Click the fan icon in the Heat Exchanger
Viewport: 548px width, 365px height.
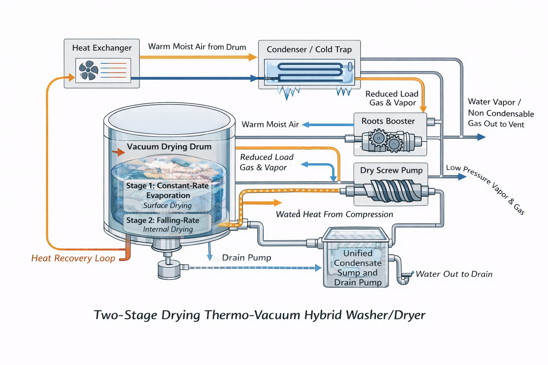88,70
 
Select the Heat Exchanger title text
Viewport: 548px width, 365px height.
102,48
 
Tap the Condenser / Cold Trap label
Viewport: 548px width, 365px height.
309,49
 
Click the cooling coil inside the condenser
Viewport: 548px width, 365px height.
310,72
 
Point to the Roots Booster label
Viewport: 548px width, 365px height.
388,121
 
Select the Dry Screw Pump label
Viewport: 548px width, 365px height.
391,170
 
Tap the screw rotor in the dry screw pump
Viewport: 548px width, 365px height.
391,191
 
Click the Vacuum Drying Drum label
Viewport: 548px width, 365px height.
169,146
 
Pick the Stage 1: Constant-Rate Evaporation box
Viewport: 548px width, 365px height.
168,195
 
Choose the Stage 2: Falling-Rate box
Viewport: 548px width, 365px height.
167,224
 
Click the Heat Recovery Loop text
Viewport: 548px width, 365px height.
73,258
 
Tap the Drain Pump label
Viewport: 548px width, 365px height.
247,257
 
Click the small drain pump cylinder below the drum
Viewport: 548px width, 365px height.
169,270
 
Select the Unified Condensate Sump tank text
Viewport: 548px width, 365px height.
357,268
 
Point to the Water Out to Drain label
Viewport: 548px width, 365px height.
454,274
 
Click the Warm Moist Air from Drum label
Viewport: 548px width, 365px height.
197,47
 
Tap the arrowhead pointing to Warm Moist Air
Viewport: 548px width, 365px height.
305,125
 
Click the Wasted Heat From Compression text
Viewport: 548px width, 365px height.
334,214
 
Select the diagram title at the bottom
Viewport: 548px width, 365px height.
259,315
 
